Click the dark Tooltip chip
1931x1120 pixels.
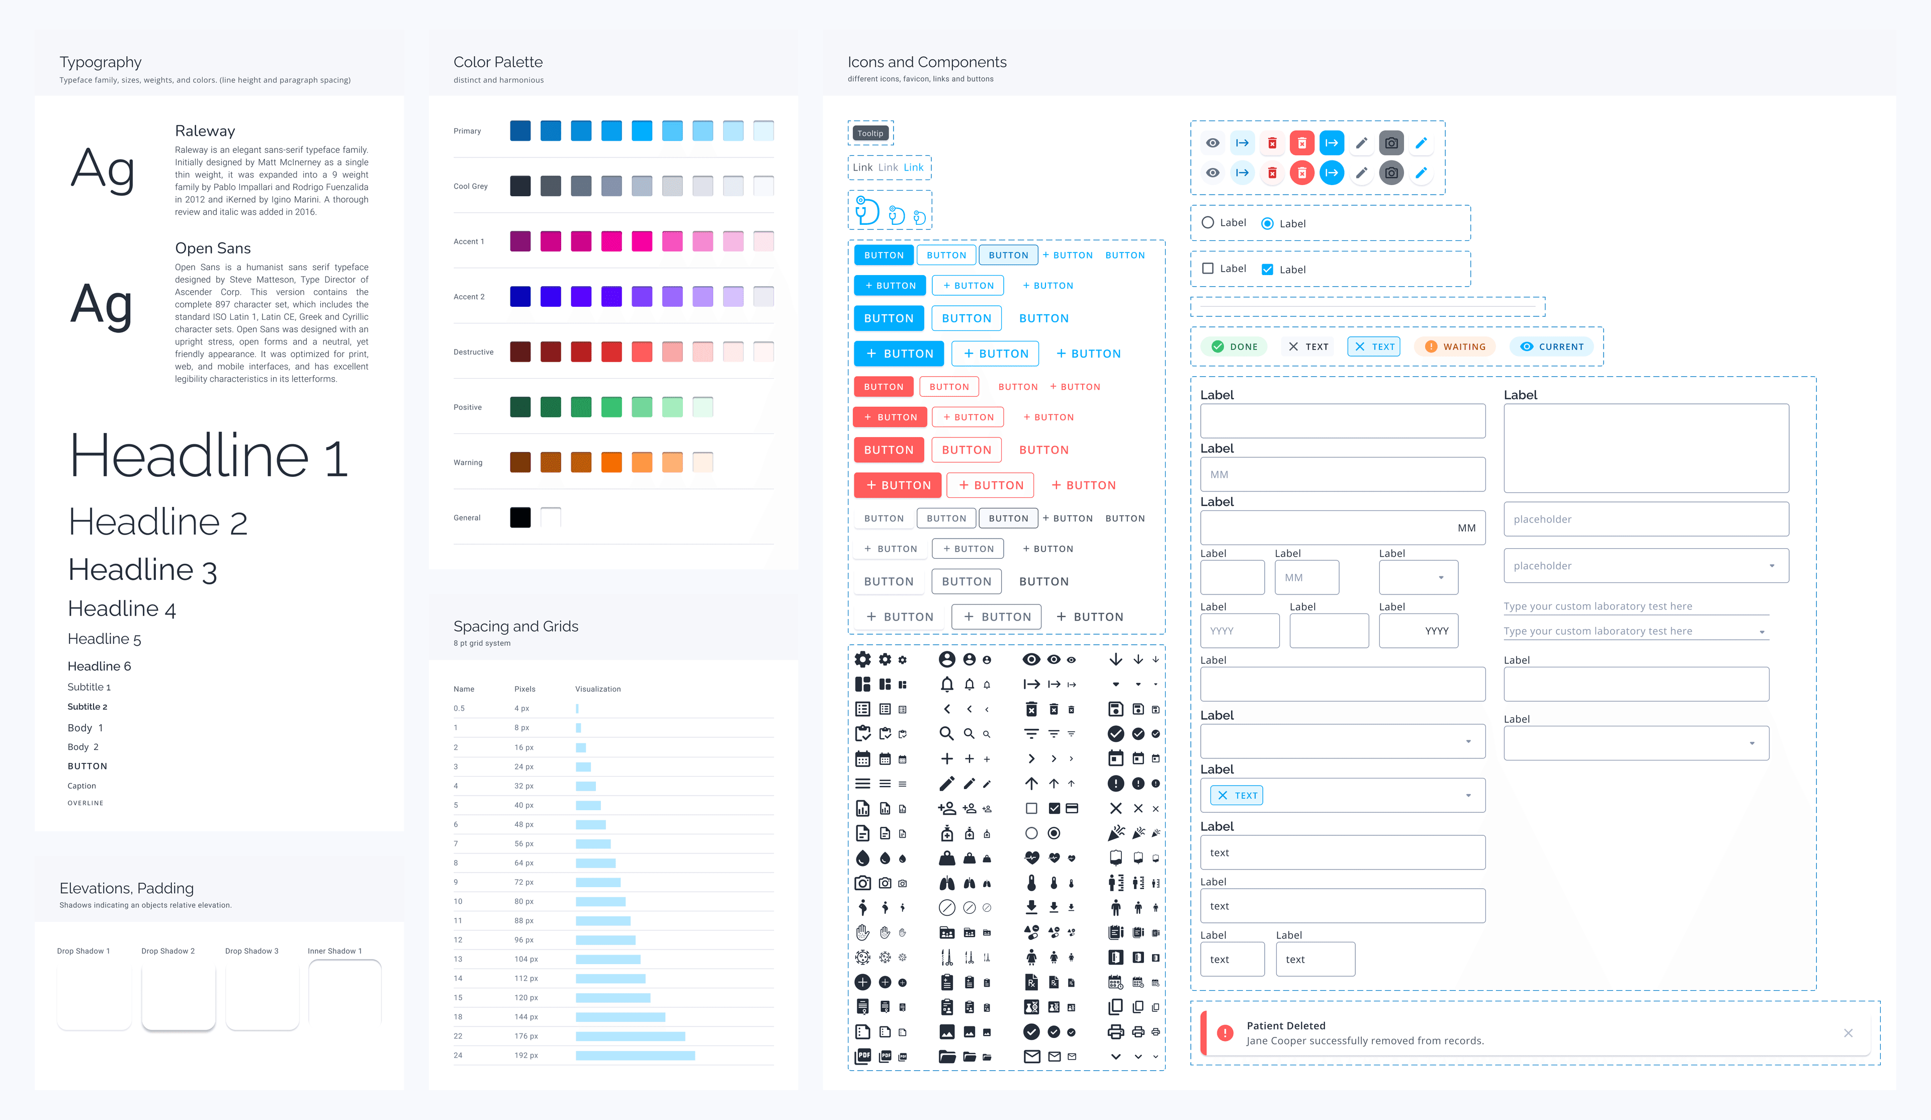[870, 133]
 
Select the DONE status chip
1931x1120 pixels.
[1235, 347]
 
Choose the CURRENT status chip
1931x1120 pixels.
[1552, 347]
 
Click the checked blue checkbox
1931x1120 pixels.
[1267, 269]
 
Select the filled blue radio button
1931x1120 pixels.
[1267, 223]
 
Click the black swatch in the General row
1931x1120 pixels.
[520, 518]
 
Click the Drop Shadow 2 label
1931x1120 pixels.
[168, 951]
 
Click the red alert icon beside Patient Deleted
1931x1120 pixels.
[1225, 1032]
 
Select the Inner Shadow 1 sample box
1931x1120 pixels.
[345, 993]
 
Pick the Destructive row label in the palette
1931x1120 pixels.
[474, 352]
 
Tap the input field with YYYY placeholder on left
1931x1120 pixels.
[1239, 631]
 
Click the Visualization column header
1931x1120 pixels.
[598, 689]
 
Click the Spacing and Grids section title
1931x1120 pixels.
[516, 626]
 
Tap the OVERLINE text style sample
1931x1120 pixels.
[85, 803]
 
